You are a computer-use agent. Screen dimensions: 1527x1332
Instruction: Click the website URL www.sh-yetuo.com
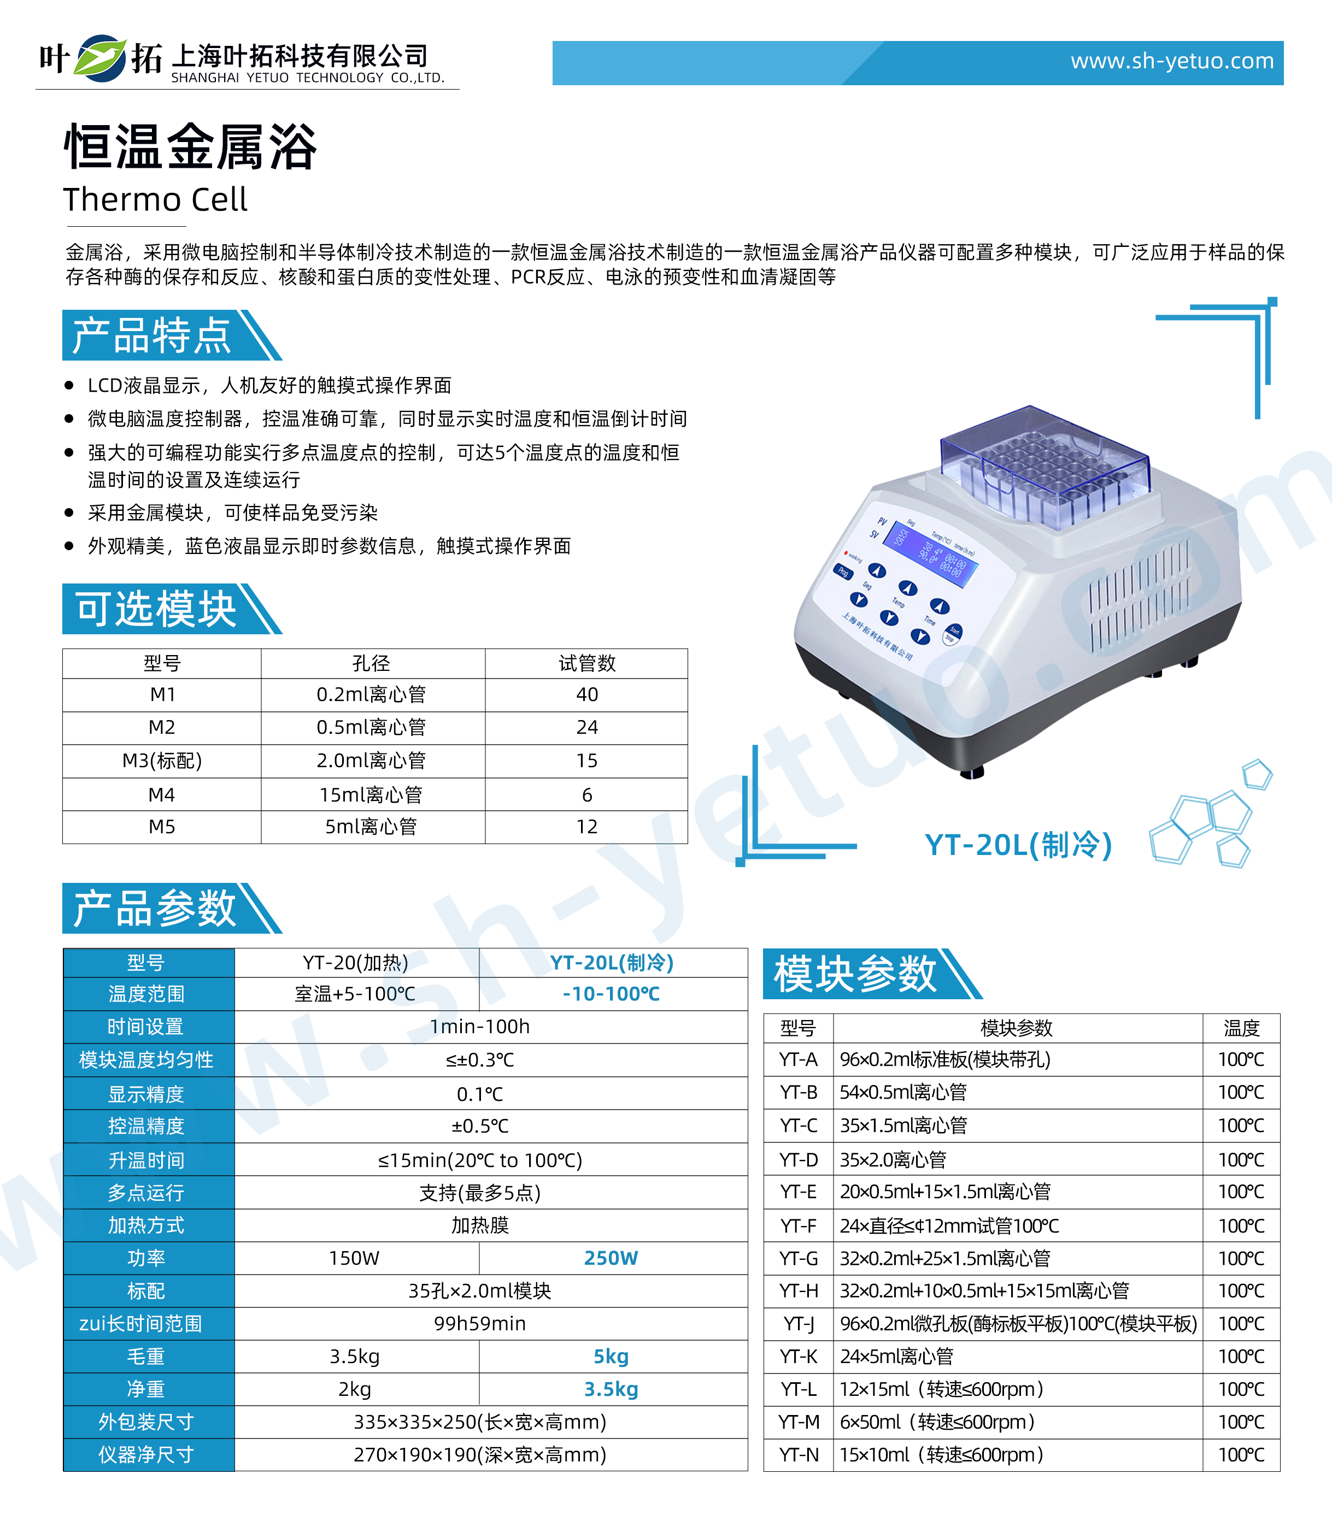pos(1171,61)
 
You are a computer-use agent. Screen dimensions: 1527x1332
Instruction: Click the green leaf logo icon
pos(101,58)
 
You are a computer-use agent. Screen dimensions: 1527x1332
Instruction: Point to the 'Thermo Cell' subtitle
pos(155,200)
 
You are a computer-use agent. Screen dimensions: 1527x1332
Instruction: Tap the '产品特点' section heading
pos(152,336)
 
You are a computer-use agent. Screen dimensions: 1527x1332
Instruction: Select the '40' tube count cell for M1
pos(586,694)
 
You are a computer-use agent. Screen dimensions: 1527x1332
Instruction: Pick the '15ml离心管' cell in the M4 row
pos(371,795)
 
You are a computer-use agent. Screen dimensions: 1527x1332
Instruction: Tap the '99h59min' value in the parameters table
pos(479,1323)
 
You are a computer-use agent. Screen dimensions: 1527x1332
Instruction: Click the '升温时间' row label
pos(146,1160)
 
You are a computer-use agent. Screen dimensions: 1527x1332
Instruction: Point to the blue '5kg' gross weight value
pos(611,1356)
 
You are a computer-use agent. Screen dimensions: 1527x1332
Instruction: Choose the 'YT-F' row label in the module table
pos(799,1225)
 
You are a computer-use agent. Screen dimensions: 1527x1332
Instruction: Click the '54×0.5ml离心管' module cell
pos(903,1092)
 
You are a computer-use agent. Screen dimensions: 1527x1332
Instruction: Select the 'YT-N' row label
pos(799,1454)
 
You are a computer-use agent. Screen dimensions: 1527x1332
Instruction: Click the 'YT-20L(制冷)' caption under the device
pos(1018,845)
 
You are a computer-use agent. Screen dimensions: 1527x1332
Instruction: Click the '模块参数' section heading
pos(855,974)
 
